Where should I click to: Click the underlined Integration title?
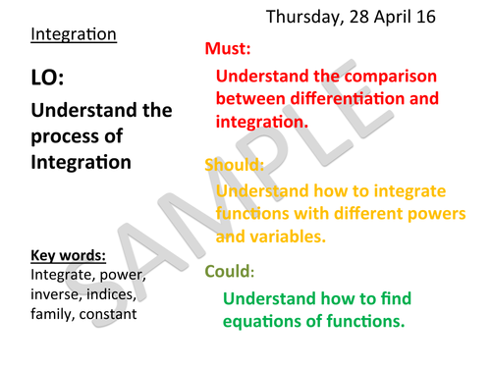(x=74, y=34)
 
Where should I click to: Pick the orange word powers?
(x=419, y=213)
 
